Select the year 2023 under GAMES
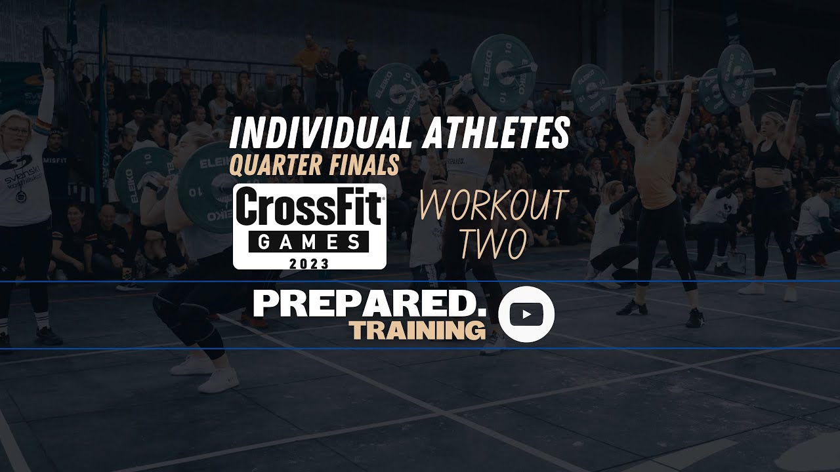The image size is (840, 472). pyautogui.click(x=309, y=262)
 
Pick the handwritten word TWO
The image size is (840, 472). pyautogui.click(x=492, y=244)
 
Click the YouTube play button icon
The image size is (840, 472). pyautogui.click(x=526, y=314)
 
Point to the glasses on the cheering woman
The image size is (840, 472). pyautogui.click(x=20, y=132)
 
